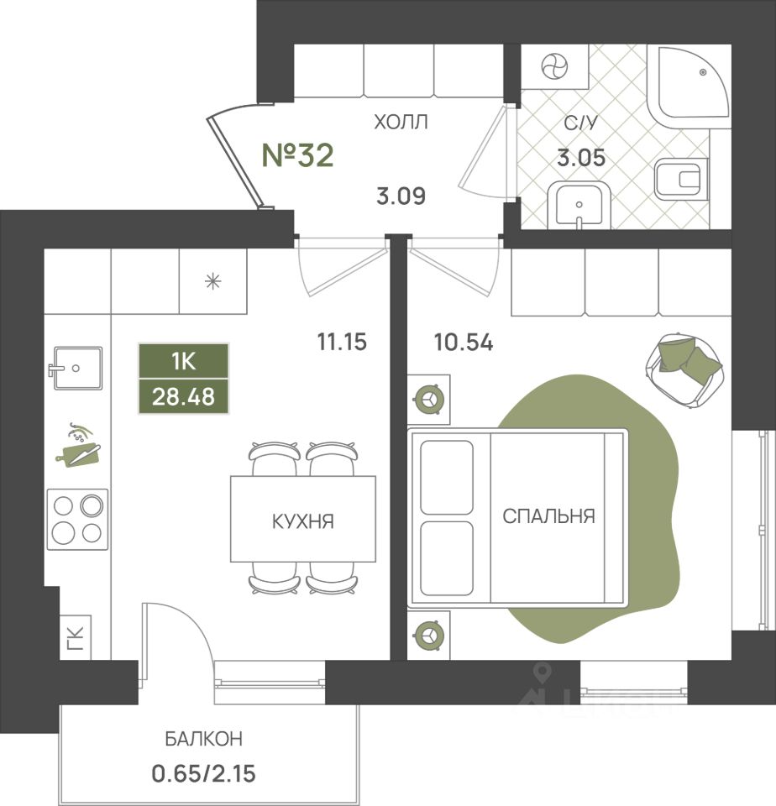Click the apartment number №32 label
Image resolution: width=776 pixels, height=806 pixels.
pos(298,155)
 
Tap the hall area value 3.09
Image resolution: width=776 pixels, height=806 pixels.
pos(401,197)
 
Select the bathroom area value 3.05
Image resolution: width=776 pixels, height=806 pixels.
pos(582,157)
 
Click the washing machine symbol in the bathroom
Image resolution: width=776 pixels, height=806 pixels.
pos(555,66)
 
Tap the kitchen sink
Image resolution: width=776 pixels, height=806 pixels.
pos(76,368)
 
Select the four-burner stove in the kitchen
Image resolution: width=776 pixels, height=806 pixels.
pos(77,519)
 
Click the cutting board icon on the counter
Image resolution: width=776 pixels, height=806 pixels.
pos(79,445)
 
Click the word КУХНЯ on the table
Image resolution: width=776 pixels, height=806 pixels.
pos(303,521)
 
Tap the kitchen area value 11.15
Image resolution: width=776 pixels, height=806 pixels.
pos(342,342)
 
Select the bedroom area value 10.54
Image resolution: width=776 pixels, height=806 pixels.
pos(463,343)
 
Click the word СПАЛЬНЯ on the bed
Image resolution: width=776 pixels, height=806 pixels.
pos(548,516)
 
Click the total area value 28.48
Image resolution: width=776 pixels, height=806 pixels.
pos(183,396)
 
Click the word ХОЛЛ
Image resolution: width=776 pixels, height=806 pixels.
pos(401,123)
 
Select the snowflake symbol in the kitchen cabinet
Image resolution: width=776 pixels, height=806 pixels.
pos(213,280)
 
